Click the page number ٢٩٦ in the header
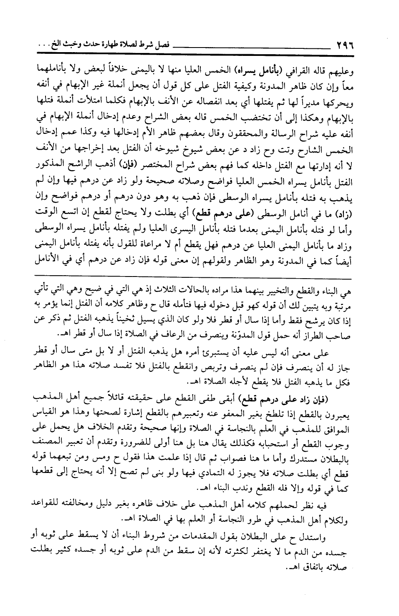pyautogui.click(x=341, y=43)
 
